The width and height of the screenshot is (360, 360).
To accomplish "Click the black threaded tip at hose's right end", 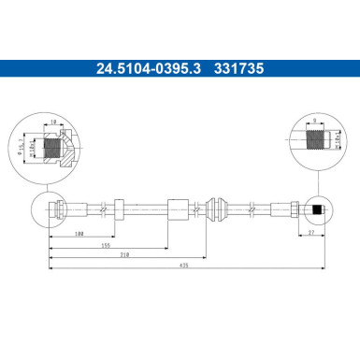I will (x=319, y=209).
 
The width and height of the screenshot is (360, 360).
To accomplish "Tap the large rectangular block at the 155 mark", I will (x=177, y=209).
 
